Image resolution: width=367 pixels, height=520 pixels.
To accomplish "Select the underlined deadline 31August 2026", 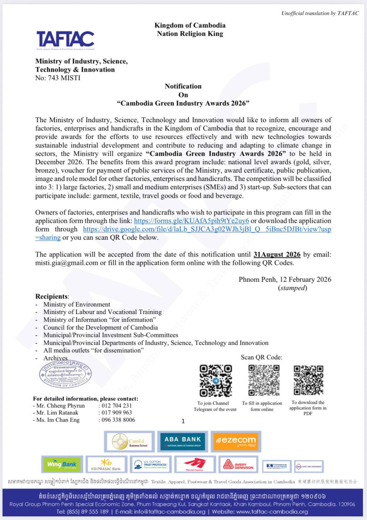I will (278, 254).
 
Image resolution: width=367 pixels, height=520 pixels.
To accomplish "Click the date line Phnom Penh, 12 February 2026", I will (285, 279).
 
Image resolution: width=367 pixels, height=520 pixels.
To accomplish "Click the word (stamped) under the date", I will (293, 288).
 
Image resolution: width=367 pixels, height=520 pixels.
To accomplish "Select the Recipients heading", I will (52, 296).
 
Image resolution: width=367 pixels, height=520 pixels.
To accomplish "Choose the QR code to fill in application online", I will (261, 381).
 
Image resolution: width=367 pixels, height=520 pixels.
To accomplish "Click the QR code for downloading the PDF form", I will (308, 381).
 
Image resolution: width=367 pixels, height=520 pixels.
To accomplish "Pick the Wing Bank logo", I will (61, 464).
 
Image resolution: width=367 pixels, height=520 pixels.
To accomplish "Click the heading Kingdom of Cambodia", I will (190, 25).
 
